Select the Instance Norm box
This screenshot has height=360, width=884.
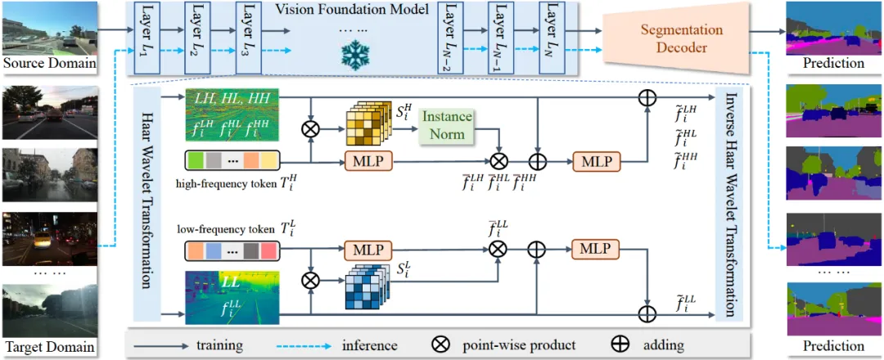pos(448,125)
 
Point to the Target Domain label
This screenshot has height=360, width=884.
pos(49,348)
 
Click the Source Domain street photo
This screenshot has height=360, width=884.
pos(49,29)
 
